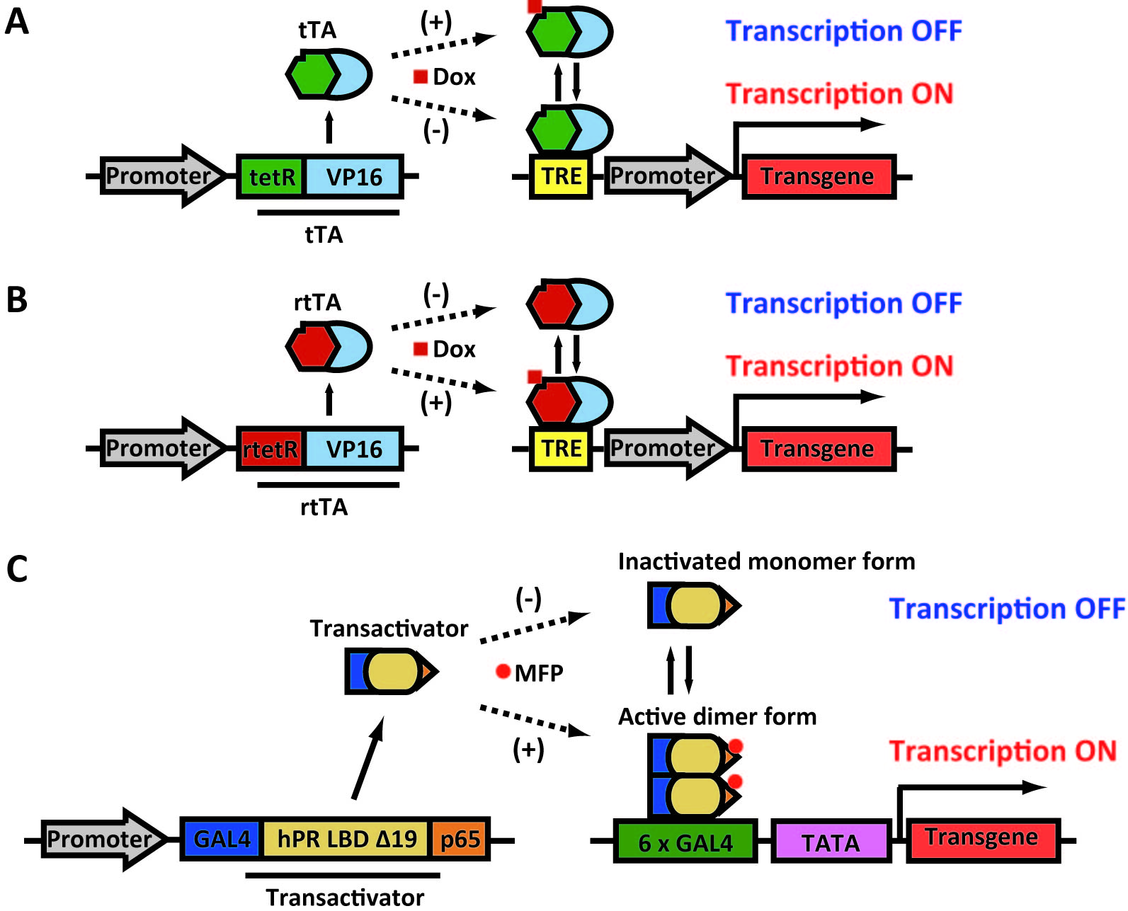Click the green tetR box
coord(271,176)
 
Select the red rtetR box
coord(270,449)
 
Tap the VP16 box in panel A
coord(353,176)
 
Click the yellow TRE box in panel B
coord(561,449)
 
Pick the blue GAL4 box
coord(222,840)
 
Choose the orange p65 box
coord(460,840)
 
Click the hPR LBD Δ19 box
coord(346,840)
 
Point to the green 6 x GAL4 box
coord(685,842)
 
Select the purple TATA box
coord(831,842)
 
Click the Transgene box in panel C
coord(982,839)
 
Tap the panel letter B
coord(17,300)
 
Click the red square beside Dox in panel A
coord(421,76)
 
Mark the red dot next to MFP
coord(503,671)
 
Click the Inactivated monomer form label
coord(766,561)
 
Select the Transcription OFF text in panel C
coord(1006,609)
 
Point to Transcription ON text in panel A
coord(840,94)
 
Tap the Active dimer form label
coord(717,716)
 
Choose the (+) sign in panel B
coord(436,402)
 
